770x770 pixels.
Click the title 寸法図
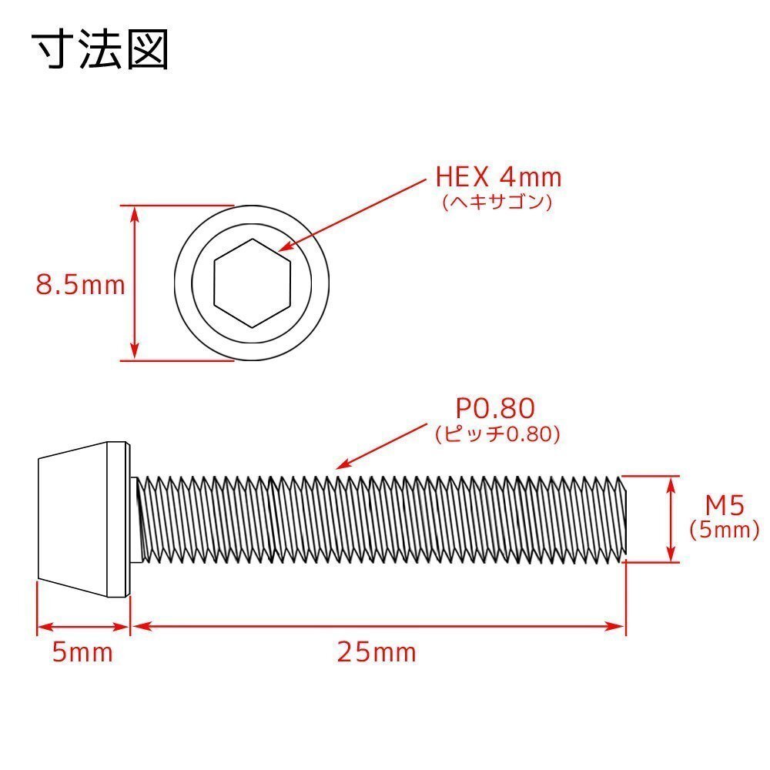coord(100,51)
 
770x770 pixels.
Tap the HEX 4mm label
coord(498,178)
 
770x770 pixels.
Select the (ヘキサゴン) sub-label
coord(498,202)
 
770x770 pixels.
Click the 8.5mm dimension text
coord(80,286)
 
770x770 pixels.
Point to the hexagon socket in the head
coord(253,283)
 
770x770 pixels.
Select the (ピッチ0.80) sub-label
coord(497,434)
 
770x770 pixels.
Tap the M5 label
coord(724,506)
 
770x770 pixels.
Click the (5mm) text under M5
coord(724,530)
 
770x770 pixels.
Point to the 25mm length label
coord(377,653)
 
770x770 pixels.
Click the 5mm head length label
coord(82,653)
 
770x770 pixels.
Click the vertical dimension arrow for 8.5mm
coord(135,283)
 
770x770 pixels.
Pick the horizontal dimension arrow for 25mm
coord(377,626)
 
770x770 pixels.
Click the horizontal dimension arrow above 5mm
coord(83,626)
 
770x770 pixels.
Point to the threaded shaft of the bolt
coord(377,520)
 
